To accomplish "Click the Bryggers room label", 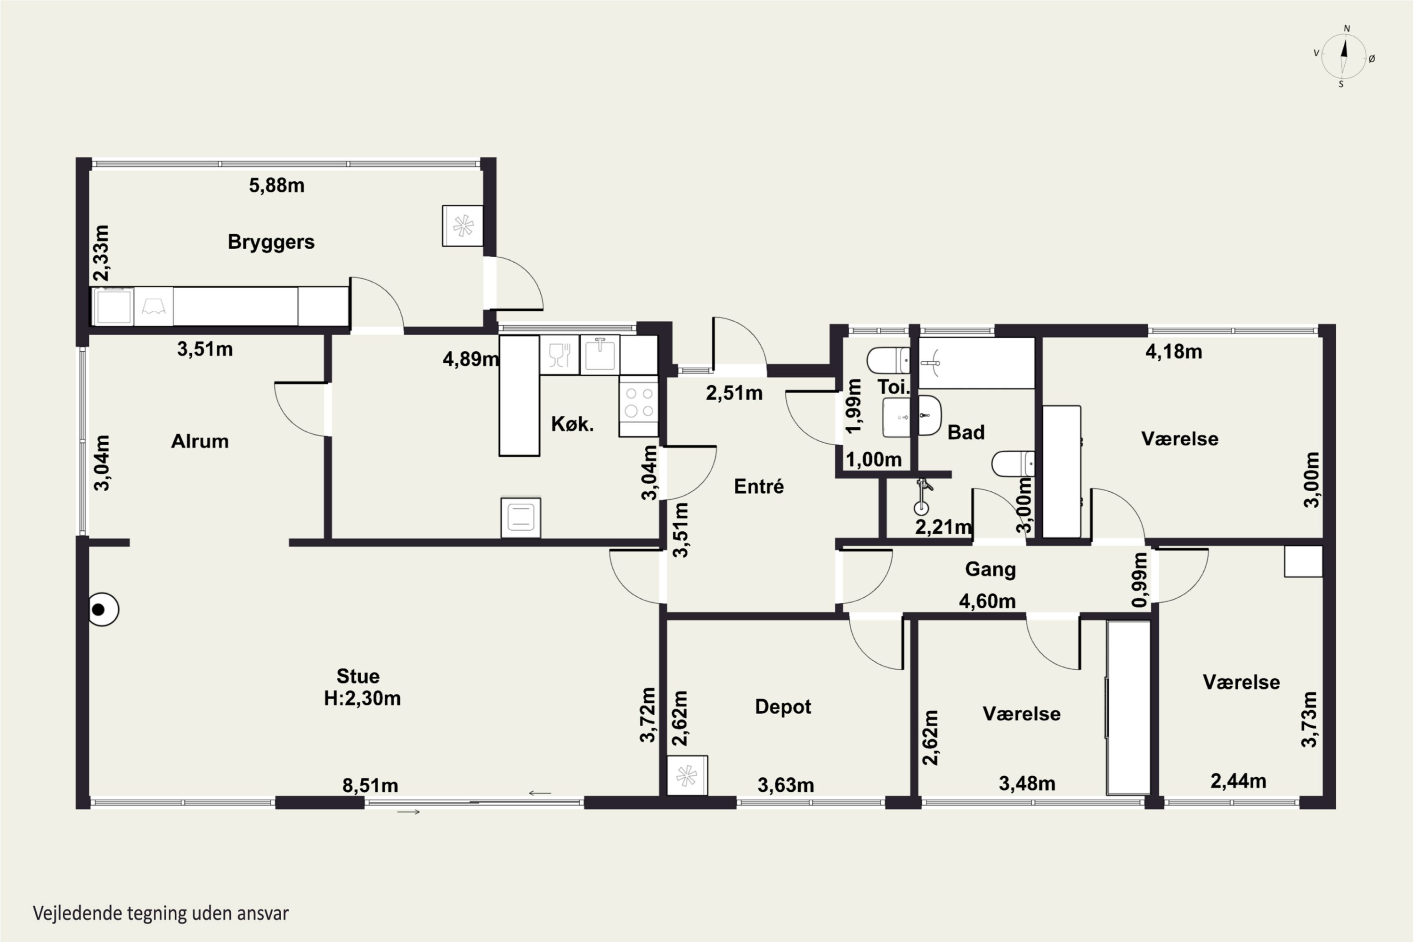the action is [271, 242].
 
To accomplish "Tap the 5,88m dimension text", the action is [277, 186].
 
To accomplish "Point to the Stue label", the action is [358, 676].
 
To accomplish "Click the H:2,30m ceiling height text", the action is [362, 698].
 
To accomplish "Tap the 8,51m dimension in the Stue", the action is [370, 785].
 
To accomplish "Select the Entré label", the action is [759, 486].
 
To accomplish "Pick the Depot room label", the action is [783, 707].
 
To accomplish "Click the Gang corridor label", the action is [990, 569].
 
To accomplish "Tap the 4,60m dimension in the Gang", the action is [987, 601].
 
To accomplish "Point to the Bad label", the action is [966, 432].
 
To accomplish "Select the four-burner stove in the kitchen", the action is [639, 406].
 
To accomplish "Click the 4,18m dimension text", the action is [1174, 352].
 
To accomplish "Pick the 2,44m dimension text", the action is [1238, 781].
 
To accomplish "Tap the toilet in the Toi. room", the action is [888, 360].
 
